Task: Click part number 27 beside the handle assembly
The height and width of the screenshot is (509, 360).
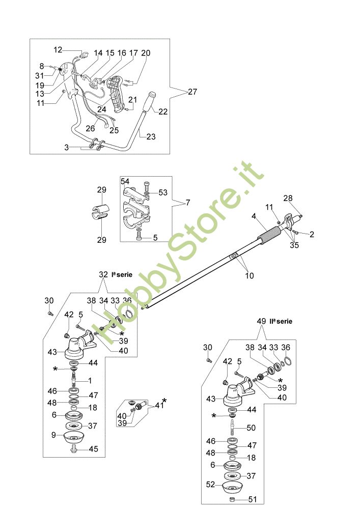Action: coord(192,92)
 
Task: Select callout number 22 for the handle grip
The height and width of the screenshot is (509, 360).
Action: coord(162,112)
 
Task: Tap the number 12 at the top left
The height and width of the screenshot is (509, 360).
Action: coord(58,50)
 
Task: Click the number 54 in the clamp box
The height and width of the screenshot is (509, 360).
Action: coord(125,181)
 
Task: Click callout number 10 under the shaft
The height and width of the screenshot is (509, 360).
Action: coord(249,276)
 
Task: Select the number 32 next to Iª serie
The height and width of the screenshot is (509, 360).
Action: coord(104,274)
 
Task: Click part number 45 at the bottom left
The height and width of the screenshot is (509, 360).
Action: coord(94,449)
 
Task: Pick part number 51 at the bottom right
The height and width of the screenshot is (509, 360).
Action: coord(254,500)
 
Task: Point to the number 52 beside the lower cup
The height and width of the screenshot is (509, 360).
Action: coord(210,485)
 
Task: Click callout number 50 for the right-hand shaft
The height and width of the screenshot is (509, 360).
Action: coord(252,428)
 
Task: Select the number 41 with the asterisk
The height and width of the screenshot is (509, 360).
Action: coord(159,405)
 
